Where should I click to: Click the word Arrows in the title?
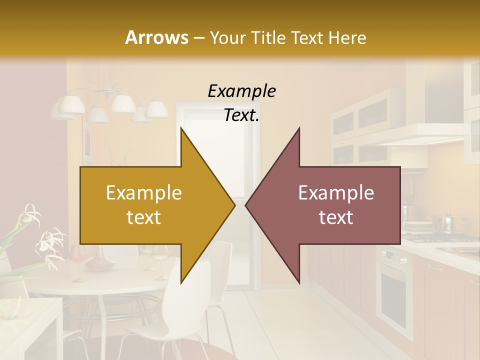point(156,37)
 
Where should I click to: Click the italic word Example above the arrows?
point(241,91)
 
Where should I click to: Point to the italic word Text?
point(241,115)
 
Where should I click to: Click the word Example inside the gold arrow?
point(144,192)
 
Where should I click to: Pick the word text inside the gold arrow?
point(144,217)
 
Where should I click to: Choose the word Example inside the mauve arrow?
point(336,192)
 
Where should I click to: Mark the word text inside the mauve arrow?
point(336,217)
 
